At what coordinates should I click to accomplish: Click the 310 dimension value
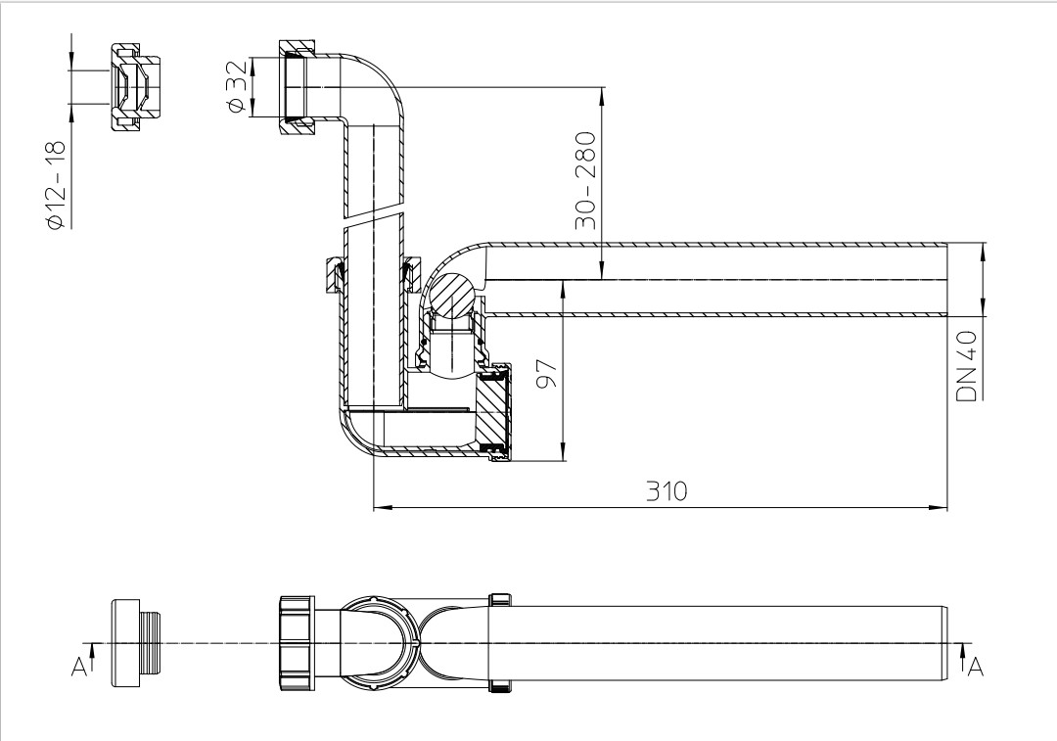coord(666,490)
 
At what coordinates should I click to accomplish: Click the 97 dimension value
coord(547,374)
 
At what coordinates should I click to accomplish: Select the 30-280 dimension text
coord(585,180)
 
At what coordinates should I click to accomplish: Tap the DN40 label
coord(967,366)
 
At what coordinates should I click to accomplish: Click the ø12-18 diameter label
coord(57,185)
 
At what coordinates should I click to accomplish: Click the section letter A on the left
coord(79,667)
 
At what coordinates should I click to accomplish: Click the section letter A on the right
coord(976,667)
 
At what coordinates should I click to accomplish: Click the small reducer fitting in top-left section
coord(134,88)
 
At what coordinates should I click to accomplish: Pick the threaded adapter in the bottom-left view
coord(138,642)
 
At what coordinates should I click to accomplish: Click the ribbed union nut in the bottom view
coord(297,642)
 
